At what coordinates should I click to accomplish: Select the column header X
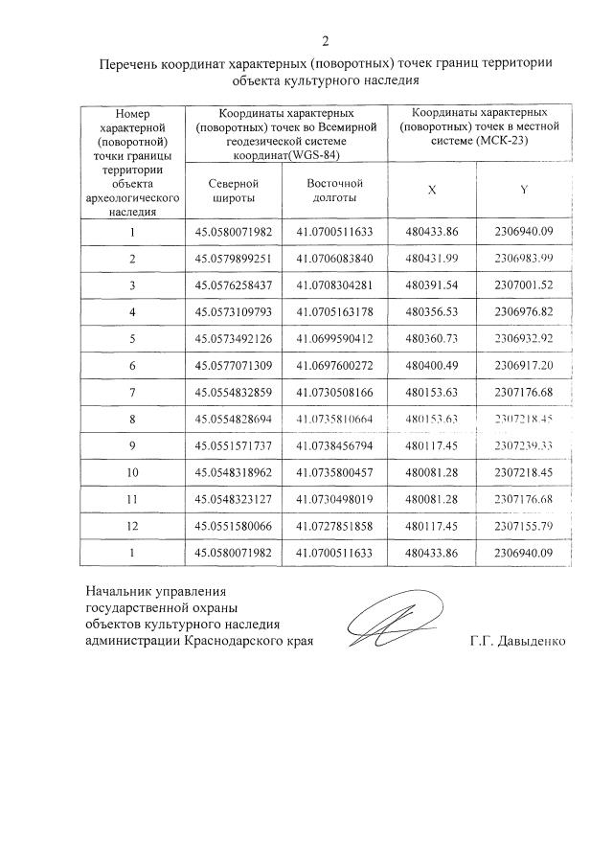click(x=432, y=190)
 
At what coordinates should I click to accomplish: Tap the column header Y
click(x=524, y=190)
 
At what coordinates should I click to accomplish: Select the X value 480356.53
click(x=432, y=312)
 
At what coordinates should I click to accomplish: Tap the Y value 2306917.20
click(x=524, y=366)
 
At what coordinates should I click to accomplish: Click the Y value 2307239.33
click(x=524, y=446)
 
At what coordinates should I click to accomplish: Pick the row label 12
click(x=132, y=527)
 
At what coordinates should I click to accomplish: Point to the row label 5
click(x=132, y=339)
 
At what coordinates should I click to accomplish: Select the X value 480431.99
click(x=432, y=259)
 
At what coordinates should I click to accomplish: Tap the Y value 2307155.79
click(x=524, y=527)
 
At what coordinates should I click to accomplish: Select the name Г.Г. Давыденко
click(x=517, y=641)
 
